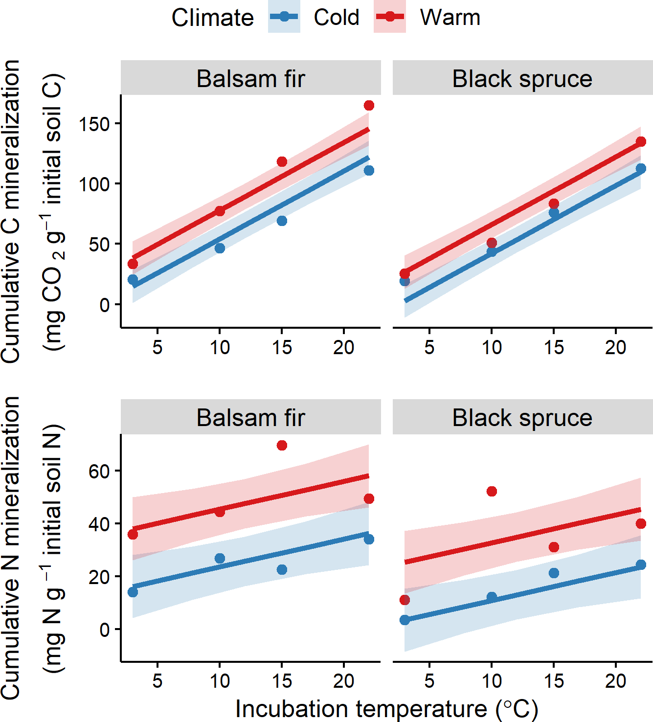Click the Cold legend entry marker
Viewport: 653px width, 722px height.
[284, 17]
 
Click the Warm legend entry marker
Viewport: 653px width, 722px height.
[390, 17]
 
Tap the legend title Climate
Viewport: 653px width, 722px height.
[213, 18]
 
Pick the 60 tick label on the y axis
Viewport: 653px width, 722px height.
[99, 471]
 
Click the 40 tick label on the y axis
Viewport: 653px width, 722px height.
[99, 524]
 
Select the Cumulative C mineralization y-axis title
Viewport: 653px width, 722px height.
[11, 211]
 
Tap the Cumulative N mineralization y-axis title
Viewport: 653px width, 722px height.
[11, 548]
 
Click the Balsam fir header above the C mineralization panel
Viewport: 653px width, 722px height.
[250, 78]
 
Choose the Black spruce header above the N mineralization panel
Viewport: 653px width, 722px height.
[522, 418]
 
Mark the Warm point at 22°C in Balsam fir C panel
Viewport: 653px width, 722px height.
[369, 106]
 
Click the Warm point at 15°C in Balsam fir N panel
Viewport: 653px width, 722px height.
[282, 445]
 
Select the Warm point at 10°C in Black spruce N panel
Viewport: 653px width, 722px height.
[492, 491]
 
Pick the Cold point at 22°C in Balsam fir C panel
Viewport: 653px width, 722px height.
[369, 170]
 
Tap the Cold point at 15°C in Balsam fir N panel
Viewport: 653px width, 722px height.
[282, 569]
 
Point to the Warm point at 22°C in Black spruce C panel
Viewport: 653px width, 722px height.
[641, 142]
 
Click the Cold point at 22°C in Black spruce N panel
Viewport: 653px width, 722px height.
[641, 564]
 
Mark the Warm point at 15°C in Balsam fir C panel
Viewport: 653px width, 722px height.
[282, 161]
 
